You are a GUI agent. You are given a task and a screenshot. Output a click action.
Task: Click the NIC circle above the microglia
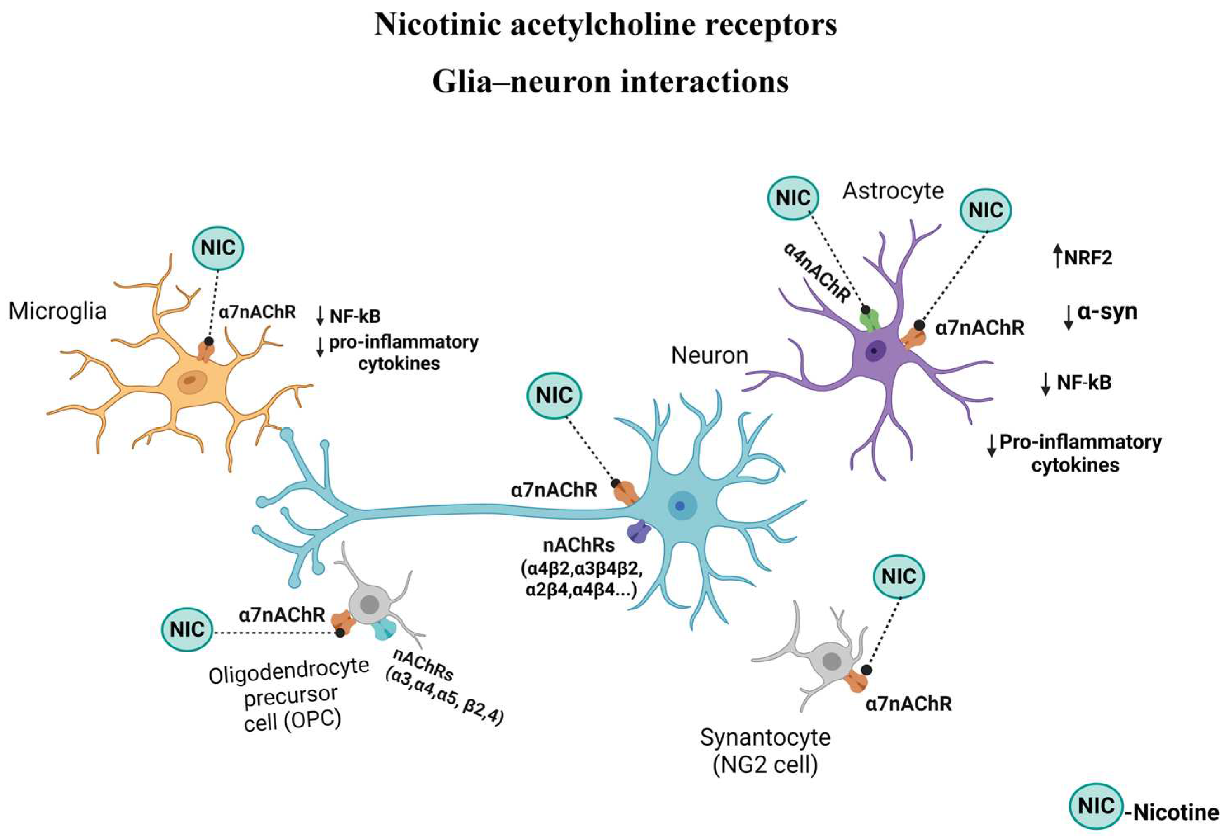[x=218, y=248]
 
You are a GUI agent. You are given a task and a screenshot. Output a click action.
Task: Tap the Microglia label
[x=58, y=311]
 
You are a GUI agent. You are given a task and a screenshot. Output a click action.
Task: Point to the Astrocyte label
[x=893, y=191]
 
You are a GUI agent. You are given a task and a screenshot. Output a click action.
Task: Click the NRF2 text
[x=1088, y=258]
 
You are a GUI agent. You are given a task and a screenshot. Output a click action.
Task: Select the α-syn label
[x=1107, y=312]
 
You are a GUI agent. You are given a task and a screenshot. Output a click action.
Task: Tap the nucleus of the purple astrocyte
[x=876, y=351]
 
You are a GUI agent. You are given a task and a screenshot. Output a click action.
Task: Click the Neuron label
[x=709, y=355]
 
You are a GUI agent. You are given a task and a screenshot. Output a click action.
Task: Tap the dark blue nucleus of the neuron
[x=679, y=506]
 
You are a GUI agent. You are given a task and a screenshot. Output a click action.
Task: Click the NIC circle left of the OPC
[x=187, y=629]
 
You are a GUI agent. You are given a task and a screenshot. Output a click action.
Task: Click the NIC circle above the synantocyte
[x=899, y=576]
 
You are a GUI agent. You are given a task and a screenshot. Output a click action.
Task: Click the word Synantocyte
[x=765, y=737]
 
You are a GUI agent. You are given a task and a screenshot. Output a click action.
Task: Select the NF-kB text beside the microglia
[x=355, y=316]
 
